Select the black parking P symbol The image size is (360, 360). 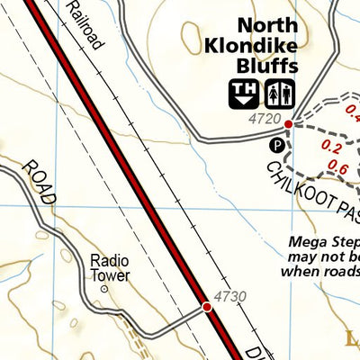tap(278, 143)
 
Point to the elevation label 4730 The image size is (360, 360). tap(229, 296)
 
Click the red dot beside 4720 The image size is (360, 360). tap(288, 124)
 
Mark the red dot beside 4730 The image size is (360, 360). tap(207, 308)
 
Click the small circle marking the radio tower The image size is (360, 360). tap(103, 290)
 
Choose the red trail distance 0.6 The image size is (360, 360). tap(338, 166)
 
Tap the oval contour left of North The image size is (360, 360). tap(192, 37)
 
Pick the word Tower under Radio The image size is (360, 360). tap(110, 275)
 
